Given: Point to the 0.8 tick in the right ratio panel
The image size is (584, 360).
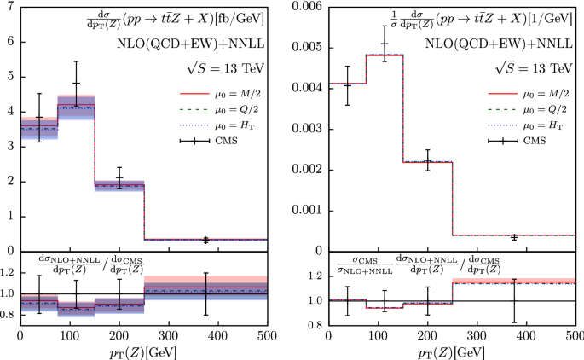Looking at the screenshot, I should coord(314,325).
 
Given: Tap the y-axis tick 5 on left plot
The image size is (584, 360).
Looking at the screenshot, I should coord(9,76).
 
